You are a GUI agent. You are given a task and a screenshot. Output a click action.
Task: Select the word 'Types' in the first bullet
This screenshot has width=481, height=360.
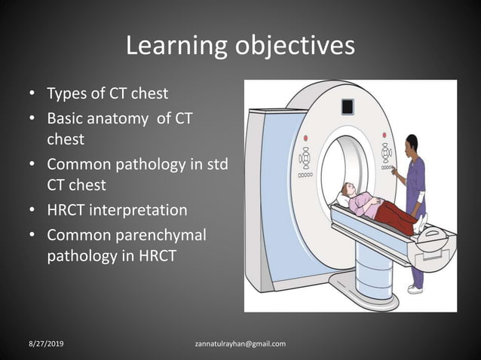pyautogui.click(x=66, y=94)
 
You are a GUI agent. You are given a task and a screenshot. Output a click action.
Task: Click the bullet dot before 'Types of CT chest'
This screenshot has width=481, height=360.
pyautogui.click(x=32, y=95)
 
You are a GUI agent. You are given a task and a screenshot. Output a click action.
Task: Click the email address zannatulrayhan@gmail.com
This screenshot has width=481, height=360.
pyautogui.click(x=240, y=344)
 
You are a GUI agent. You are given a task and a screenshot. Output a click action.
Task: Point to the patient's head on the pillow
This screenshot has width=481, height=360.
pyautogui.click(x=346, y=190)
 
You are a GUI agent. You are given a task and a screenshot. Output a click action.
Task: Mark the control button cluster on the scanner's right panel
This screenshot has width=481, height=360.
pyautogui.click(x=386, y=154)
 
